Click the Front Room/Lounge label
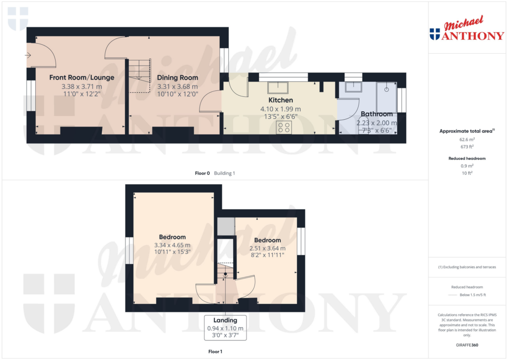point(81,77)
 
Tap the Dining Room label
point(178,77)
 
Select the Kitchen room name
point(280,100)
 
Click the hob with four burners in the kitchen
point(285,127)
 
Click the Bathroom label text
point(377,114)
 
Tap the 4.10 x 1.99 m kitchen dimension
point(280,109)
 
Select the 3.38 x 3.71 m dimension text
point(81,86)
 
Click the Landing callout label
point(225,320)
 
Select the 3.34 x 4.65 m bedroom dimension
point(173,245)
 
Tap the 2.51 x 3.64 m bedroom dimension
point(267,249)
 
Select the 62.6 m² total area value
point(466,140)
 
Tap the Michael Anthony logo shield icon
point(435,34)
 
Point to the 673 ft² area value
point(466,147)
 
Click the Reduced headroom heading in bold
point(466,158)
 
